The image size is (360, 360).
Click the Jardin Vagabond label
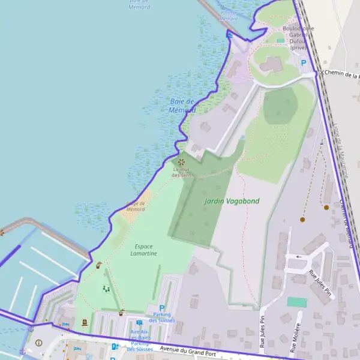pyautogui.click(x=232, y=201)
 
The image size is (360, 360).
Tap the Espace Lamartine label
pyautogui.click(x=144, y=250)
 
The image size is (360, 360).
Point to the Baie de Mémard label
pyautogui.click(x=183, y=106)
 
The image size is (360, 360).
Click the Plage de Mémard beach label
pyautogui.click(x=136, y=206)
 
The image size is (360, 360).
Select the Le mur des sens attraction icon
pyautogui.click(x=181, y=161)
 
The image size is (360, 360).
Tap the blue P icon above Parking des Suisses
pyautogui.click(x=161, y=308)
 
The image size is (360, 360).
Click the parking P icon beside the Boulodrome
pyautogui.click(x=304, y=62)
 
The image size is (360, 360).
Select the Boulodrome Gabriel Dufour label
pyautogui.click(x=298, y=38)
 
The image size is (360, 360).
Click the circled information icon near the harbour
pyautogui.click(x=39, y=343)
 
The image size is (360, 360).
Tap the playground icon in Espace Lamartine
pyautogui.click(x=106, y=289)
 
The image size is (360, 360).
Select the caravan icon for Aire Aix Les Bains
pyautogui.click(x=139, y=323)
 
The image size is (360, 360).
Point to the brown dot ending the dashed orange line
pyautogui.click(x=302, y=220)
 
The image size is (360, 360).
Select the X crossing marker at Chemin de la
pyautogui.click(x=321, y=73)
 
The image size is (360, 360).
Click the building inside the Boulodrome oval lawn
pyautogui.click(x=271, y=64)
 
